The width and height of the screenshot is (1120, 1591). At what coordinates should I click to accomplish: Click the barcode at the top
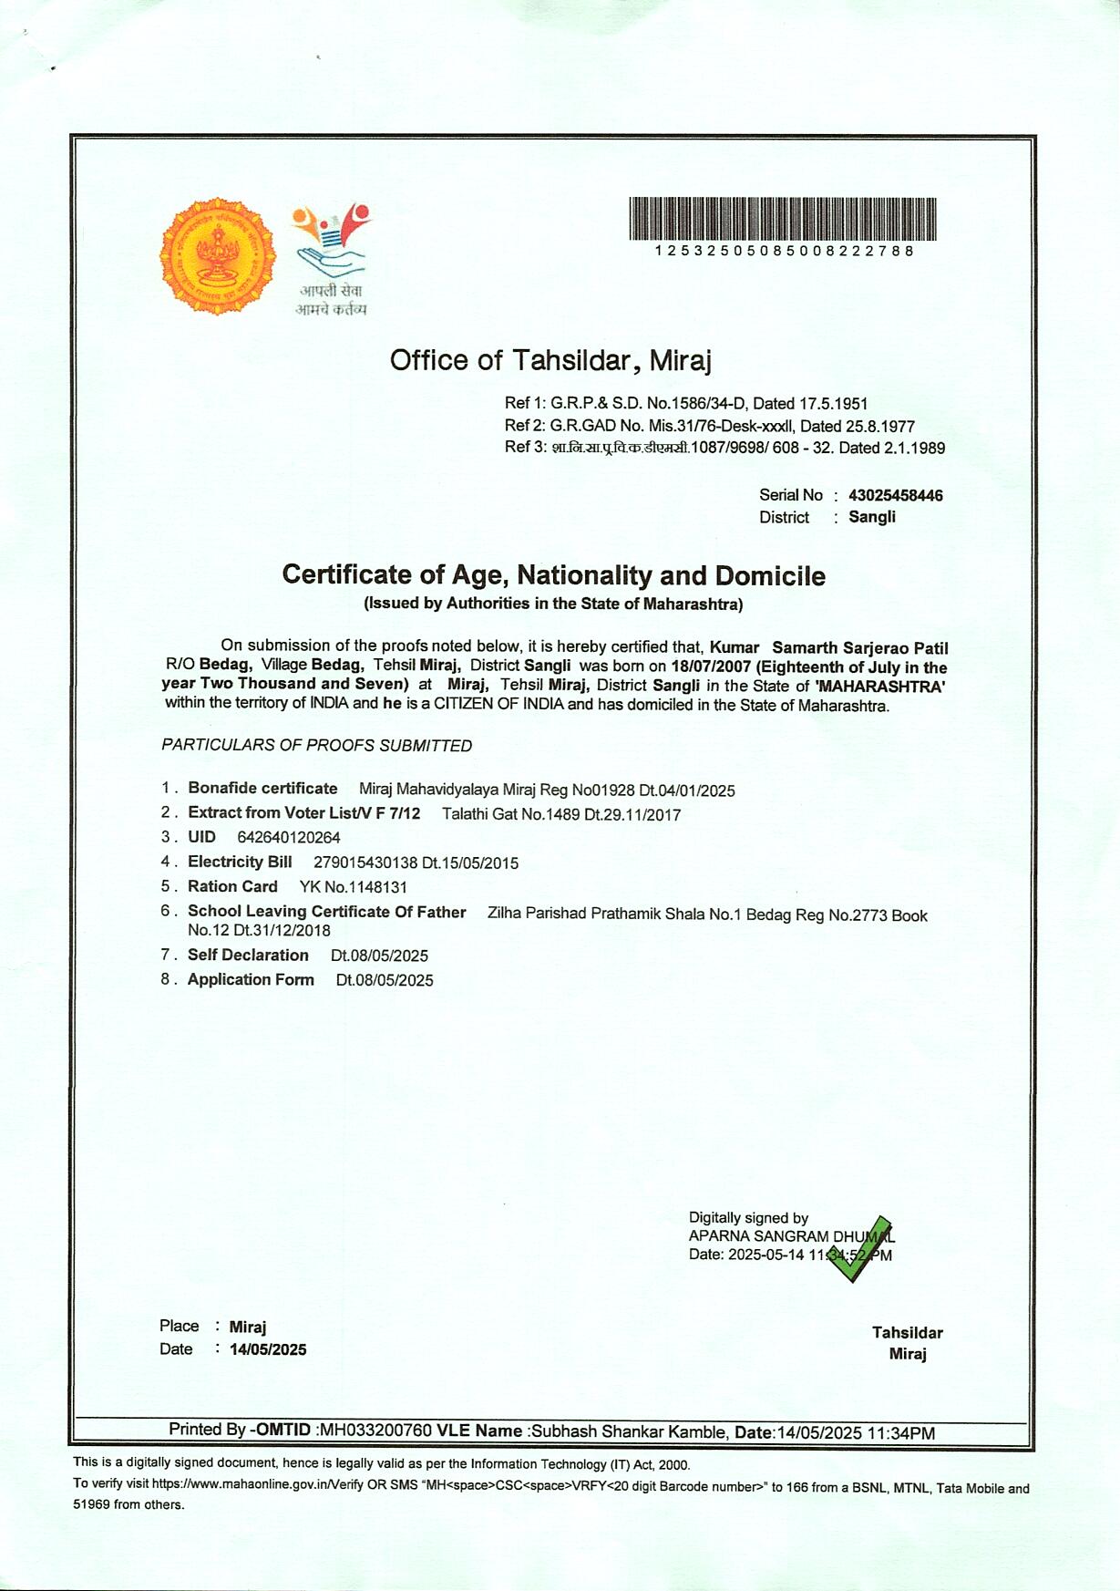coord(782,219)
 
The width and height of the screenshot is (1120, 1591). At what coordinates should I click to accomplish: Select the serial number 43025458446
coord(895,495)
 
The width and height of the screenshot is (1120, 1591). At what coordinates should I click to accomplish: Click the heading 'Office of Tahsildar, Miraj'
coord(550,360)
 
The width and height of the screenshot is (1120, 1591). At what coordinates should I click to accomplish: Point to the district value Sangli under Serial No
coord(872,517)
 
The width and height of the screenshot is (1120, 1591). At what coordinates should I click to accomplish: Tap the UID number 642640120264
coord(289,837)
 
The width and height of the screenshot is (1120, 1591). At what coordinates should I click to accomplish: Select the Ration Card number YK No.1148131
coord(354,886)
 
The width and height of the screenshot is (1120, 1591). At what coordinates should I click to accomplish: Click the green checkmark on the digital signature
coord(858,1249)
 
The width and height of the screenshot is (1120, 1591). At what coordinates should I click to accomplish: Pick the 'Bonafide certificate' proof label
coord(262,789)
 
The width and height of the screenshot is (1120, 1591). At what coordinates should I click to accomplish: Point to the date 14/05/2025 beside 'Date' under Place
coord(268,1349)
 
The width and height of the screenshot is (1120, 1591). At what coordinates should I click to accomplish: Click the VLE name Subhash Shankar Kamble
coord(629,1431)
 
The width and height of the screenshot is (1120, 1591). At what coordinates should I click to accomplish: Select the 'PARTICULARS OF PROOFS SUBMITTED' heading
coord(317,746)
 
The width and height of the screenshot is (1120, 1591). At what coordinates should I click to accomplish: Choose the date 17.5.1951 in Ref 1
coord(833,403)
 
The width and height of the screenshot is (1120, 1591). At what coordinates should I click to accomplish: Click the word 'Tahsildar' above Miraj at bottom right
coord(907,1332)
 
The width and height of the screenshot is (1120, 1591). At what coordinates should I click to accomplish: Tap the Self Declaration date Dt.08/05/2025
coord(379,956)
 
